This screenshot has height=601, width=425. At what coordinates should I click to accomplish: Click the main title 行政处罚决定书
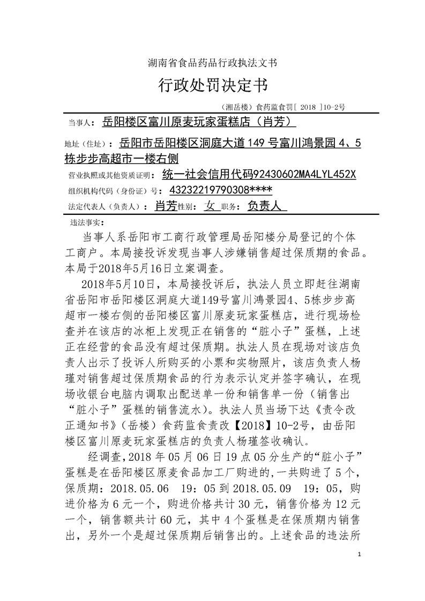click(212, 85)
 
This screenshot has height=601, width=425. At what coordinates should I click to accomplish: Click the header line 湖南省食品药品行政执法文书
click(212, 63)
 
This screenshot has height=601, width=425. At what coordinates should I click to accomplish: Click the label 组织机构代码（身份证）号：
click(115, 191)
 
